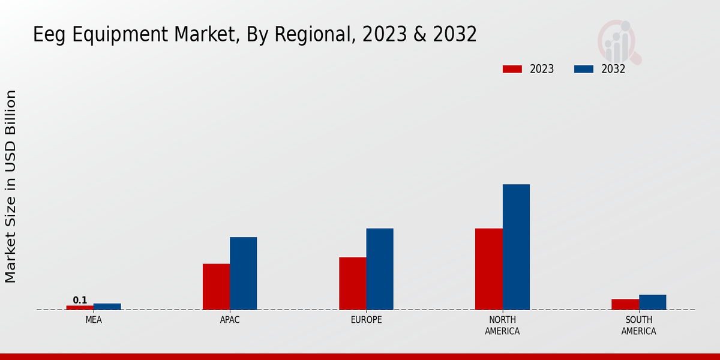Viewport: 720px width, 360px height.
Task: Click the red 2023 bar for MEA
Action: [x=80, y=307]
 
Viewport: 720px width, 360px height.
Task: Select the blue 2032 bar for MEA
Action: [x=107, y=307]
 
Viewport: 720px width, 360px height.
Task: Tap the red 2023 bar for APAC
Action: [x=216, y=287]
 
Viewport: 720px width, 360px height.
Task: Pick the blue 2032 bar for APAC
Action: [x=243, y=274]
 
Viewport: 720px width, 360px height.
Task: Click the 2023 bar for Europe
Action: [x=352, y=283]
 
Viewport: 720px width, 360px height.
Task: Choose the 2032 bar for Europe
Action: [x=380, y=269]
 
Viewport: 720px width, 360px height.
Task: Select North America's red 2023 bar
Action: [x=488, y=269]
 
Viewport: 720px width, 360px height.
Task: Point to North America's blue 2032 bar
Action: [x=516, y=247]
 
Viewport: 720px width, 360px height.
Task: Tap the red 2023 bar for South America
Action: [x=625, y=304]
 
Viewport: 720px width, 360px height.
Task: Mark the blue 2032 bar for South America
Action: [x=652, y=302]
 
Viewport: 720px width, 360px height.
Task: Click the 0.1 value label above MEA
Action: [x=80, y=300]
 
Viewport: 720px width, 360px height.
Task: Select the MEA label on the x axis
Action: [x=94, y=320]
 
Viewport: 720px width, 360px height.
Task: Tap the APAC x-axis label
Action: [x=230, y=320]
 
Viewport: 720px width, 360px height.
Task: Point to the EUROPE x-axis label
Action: [x=366, y=320]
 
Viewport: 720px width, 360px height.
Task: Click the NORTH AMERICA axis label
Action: [x=502, y=325]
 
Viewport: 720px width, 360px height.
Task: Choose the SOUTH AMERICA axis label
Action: [x=638, y=325]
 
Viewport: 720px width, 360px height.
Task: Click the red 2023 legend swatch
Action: [x=512, y=69]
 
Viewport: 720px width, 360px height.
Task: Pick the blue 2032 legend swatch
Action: [x=584, y=69]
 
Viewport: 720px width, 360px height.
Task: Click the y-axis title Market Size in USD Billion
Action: [x=11, y=186]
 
